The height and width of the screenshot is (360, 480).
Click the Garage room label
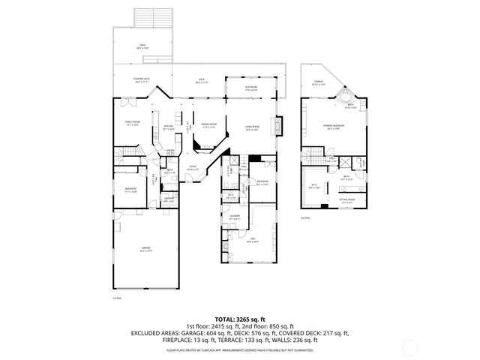pos(145,250)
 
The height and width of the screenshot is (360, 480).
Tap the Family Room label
pos(133,124)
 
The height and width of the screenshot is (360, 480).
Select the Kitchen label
pos(169,127)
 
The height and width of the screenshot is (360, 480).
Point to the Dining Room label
pos(208,125)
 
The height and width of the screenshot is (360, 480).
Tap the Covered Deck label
pos(142,81)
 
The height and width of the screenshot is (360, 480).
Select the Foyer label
pos(193,168)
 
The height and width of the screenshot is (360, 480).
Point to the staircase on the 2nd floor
pos(309,157)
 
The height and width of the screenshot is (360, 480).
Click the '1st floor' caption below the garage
pos(116,298)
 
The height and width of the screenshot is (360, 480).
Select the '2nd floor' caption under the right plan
pos(304,218)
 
